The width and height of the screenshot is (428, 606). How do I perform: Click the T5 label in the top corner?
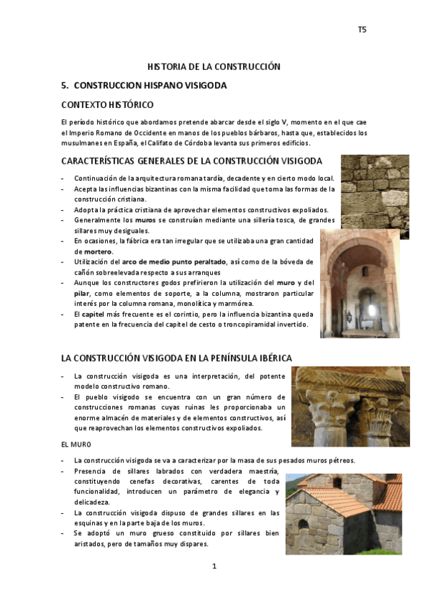(x=362, y=29)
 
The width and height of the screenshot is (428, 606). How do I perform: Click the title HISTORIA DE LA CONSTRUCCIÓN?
(x=214, y=66)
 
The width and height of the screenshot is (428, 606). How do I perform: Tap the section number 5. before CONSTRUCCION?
(x=65, y=85)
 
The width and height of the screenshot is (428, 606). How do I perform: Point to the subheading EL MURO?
(x=75, y=444)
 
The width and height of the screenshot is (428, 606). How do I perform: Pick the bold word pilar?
(x=81, y=293)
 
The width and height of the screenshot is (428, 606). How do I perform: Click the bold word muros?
(x=145, y=221)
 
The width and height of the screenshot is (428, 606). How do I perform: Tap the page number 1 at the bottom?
(x=214, y=566)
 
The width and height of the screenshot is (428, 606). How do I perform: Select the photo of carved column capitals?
(x=349, y=407)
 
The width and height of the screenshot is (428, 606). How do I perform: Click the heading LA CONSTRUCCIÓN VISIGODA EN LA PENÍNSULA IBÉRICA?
(x=176, y=357)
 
